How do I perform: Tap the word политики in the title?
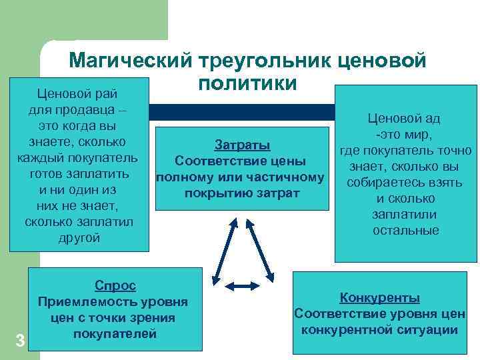tap(247, 85)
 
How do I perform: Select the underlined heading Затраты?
tap(242, 145)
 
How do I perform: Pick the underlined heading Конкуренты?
tap(380, 297)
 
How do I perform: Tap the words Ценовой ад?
tap(403, 119)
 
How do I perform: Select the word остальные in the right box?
tap(406, 231)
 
